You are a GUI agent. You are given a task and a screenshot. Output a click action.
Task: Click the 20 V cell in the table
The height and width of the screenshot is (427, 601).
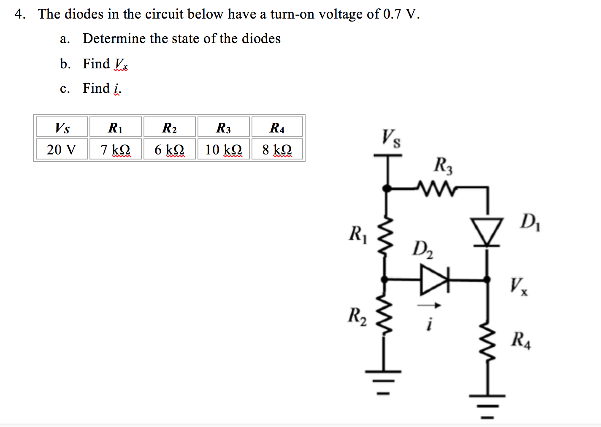[x=62, y=149]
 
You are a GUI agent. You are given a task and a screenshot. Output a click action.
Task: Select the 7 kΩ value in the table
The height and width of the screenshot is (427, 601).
[x=115, y=149]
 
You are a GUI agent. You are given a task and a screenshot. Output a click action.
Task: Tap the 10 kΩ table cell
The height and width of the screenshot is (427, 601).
[x=224, y=149]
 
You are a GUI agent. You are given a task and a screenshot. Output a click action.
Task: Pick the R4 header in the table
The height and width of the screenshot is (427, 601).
[x=277, y=127]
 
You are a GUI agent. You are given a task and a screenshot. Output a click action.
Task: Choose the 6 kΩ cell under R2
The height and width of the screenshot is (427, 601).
[x=169, y=149]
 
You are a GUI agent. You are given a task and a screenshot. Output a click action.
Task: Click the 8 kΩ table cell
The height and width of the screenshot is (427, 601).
[x=277, y=149]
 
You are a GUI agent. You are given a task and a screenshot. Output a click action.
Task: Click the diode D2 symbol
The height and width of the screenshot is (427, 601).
[x=434, y=279]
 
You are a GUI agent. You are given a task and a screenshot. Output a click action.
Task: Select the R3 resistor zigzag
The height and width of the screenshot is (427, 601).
[x=436, y=188]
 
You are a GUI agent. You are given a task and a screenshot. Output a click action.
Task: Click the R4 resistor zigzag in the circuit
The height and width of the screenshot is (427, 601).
[x=488, y=342]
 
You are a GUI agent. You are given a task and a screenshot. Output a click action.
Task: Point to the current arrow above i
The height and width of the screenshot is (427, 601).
[x=429, y=305]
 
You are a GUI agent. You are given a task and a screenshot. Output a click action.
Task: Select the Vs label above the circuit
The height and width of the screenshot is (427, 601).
[x=391, y=138]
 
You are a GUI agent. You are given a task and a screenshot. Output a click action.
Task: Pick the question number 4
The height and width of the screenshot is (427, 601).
[x=20, y=14]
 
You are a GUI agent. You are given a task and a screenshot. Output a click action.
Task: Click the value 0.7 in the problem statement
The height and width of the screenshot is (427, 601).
[x=392, y=14]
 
